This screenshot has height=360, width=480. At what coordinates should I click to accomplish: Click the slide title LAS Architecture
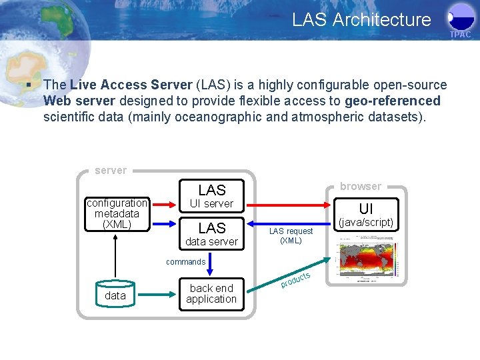click(361, 20)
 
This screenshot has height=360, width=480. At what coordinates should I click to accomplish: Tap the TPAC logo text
click(460, 34)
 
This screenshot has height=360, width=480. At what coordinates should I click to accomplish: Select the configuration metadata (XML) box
click(117, 213)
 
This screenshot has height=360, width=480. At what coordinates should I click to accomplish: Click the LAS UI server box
click(211, 196)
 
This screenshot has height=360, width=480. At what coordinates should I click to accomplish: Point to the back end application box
click(211, 293)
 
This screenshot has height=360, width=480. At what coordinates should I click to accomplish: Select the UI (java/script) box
click(366, 215)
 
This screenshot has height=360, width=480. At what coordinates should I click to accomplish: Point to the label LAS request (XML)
click(291, 235)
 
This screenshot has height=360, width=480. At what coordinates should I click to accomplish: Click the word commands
click(185, 262)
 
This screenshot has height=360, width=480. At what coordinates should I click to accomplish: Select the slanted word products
click(295, 280)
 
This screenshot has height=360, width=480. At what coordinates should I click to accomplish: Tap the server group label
click(111, 171)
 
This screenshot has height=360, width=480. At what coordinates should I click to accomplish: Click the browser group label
click(361, 187)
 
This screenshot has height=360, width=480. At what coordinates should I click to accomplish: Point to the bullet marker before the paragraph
click(27, 85)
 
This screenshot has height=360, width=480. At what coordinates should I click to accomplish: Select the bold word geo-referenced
click(393, 101)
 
